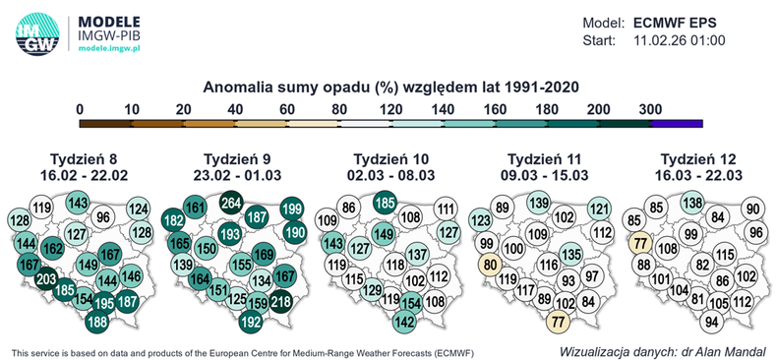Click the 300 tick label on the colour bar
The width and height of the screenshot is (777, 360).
click(651, 108)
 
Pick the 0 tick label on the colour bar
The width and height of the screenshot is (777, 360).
click(80, 108)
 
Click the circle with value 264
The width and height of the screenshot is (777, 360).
click(230, 203)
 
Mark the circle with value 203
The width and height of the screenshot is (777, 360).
click(44, 280)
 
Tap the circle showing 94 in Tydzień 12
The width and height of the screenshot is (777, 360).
click(710, 322)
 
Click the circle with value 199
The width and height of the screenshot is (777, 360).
click(291, 209)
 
